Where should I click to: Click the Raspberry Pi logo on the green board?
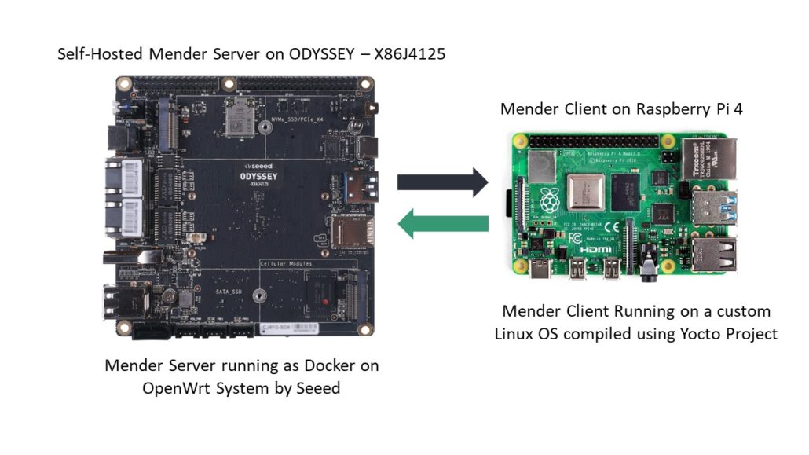549,199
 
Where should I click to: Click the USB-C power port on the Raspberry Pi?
542,272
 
